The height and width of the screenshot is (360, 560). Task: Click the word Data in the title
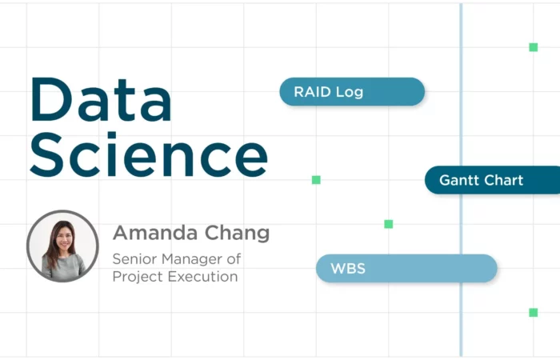click(x=101, y=100)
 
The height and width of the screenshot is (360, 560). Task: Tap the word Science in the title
click(x=149, y=154)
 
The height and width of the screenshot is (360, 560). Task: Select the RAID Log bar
click(x=352, y=92)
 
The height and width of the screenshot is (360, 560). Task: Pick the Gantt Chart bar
click(x=493, y=180)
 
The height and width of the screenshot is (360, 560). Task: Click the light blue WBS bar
click(x=406, y=268)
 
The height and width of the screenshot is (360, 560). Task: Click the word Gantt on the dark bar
click(x=458, y=180)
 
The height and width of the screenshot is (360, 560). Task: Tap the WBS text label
click(x=348, y=269)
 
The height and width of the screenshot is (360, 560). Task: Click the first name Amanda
click(x=155, y=233)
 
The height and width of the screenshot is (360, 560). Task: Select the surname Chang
click(x=237, y=234)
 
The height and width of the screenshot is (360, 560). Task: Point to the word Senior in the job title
click(x=135, y=259)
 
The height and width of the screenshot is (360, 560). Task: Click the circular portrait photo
click(x=62, y=246)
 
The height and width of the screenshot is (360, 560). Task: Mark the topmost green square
click(x=534, y=47)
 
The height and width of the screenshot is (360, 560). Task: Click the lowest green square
click(x=534, y=313)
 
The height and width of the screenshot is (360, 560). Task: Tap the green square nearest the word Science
click(x=316, y=180)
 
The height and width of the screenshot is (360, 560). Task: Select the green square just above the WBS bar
click(x=389, y=224)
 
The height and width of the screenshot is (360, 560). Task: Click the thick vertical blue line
click(x=461, y=180)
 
